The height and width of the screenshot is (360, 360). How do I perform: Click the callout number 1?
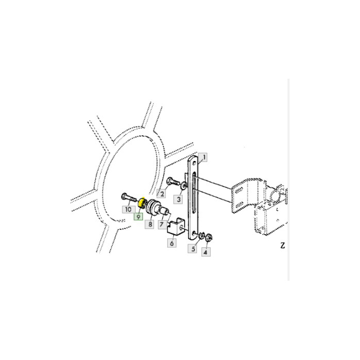(204, 157)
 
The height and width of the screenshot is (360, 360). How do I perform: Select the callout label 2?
(161, 194)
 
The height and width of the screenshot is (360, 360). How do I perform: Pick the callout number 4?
(205, 252)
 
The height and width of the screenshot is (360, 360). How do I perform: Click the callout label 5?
(193, 249)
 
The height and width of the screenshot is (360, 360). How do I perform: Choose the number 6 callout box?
(172, 243)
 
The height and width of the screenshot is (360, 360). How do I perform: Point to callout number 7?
(161, 225)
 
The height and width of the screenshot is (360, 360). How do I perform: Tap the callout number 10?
(127, 209)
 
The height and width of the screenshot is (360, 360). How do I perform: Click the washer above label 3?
(182, 184)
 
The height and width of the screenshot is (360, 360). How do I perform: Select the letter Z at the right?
(282, 245)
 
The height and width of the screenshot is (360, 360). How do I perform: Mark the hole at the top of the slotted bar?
(194, 163)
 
